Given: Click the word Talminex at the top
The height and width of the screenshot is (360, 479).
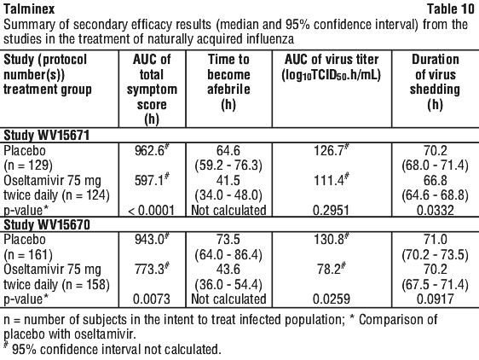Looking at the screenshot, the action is (29, 9).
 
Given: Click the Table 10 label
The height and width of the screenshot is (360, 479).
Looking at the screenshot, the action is (451, 9).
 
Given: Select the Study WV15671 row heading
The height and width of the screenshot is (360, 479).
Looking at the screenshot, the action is (46, 135).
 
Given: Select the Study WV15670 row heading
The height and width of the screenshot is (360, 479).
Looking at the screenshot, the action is (46, 225).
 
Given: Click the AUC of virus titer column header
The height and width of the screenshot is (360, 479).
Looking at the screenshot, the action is (332, 67).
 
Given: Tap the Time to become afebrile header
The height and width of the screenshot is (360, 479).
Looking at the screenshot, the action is (228, 82).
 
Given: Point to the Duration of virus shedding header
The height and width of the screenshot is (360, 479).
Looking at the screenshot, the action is (435, 82).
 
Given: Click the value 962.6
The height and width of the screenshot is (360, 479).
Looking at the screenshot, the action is (152, 150).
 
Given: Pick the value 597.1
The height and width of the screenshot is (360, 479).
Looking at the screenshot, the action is (152, 181).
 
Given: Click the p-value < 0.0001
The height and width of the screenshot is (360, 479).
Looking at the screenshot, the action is (151, 211).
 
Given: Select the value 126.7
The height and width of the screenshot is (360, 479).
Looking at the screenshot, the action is (332, 150).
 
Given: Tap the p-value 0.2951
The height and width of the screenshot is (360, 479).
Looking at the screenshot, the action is (332, 211).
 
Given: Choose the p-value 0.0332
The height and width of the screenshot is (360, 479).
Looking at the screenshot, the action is (435, 211).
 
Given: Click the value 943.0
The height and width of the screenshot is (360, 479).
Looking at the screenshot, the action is (152, 239).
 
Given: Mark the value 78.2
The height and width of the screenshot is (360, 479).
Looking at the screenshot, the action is (332, 270).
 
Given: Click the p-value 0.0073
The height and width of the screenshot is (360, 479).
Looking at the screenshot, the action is (151, 299).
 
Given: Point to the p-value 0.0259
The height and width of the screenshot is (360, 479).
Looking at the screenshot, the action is (332, 299).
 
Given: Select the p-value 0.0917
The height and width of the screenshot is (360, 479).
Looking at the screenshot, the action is (435, 299).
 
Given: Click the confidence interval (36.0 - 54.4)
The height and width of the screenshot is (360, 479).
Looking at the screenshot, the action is (228, 284).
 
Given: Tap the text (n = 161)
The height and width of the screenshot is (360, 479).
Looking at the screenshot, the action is (28, 254).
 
